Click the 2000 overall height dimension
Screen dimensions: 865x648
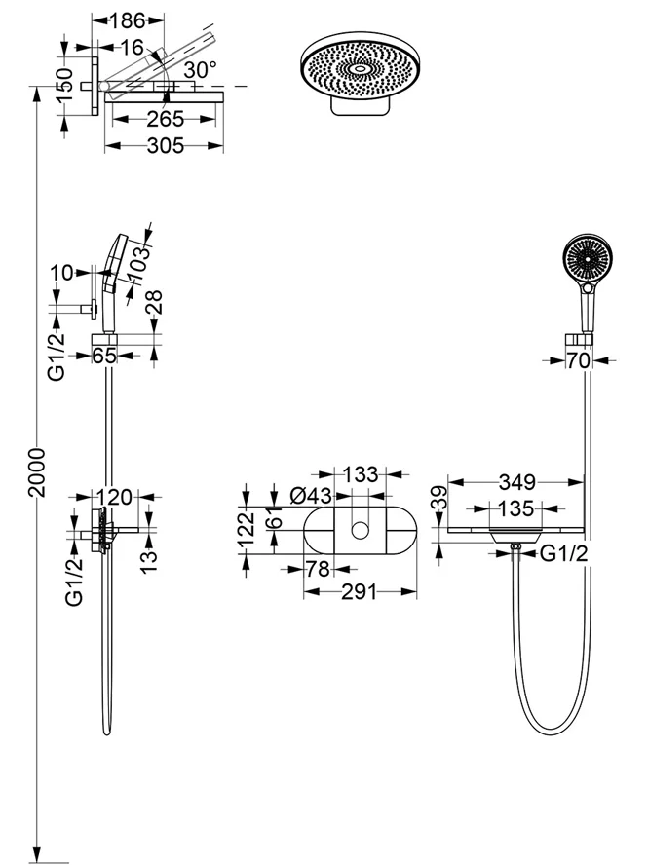[36, 472]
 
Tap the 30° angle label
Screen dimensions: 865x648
[199, 70]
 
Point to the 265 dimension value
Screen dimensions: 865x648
[161, 120]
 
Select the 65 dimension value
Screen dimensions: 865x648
[104, 357]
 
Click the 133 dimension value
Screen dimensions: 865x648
[360, 475]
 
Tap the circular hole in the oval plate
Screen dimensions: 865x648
[361, 530]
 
